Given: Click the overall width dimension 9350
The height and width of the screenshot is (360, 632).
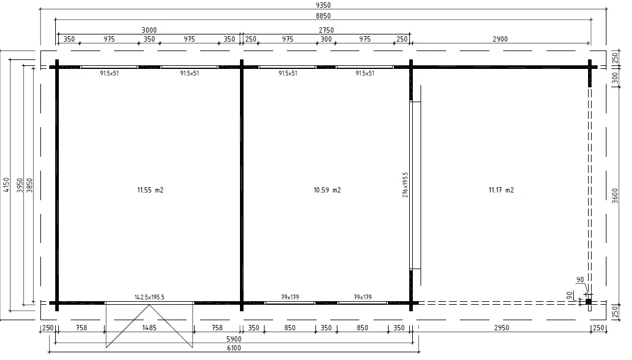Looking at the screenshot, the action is tap(323, 5).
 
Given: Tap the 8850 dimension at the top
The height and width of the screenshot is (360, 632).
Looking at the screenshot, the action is tap(323, 16).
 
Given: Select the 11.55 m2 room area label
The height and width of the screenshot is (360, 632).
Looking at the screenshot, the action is tap(150, 190).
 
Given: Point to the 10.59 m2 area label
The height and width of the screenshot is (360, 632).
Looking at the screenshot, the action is tap(327, 190).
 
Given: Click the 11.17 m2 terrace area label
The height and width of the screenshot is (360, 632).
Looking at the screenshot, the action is tap(501, 190).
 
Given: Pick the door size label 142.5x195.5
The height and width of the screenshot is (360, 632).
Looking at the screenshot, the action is tap(149, 297).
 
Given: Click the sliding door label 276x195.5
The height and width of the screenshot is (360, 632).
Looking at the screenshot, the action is tap(405, 185).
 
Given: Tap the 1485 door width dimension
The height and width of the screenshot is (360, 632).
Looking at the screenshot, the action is tap(149, 328).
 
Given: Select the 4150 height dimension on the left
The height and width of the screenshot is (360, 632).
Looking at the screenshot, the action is tap(6, 185).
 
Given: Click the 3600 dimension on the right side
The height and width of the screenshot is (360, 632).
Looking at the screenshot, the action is tap(615, 195).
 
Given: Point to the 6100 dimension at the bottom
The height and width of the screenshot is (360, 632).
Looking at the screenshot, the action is tap(234, 348).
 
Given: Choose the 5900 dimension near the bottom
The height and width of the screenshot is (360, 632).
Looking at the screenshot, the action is tap(234, 339).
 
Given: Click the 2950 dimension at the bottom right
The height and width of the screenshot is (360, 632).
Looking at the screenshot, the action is tap(501, 328).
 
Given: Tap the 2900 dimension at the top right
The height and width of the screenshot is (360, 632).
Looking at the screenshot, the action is tap(500, 39).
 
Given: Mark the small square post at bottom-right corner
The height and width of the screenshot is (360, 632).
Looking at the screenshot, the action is tap(589, 302).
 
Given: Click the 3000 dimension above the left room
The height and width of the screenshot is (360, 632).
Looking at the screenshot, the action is tap(149, 30).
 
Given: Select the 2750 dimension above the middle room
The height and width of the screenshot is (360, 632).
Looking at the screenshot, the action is tap(326, 30).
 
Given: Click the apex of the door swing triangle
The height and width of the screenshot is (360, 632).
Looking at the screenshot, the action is tap(149, 305).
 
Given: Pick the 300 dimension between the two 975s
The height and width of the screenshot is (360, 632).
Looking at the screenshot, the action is tap(326, 39).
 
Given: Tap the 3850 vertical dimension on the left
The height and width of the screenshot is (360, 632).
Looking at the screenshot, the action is tap(30, 185).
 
